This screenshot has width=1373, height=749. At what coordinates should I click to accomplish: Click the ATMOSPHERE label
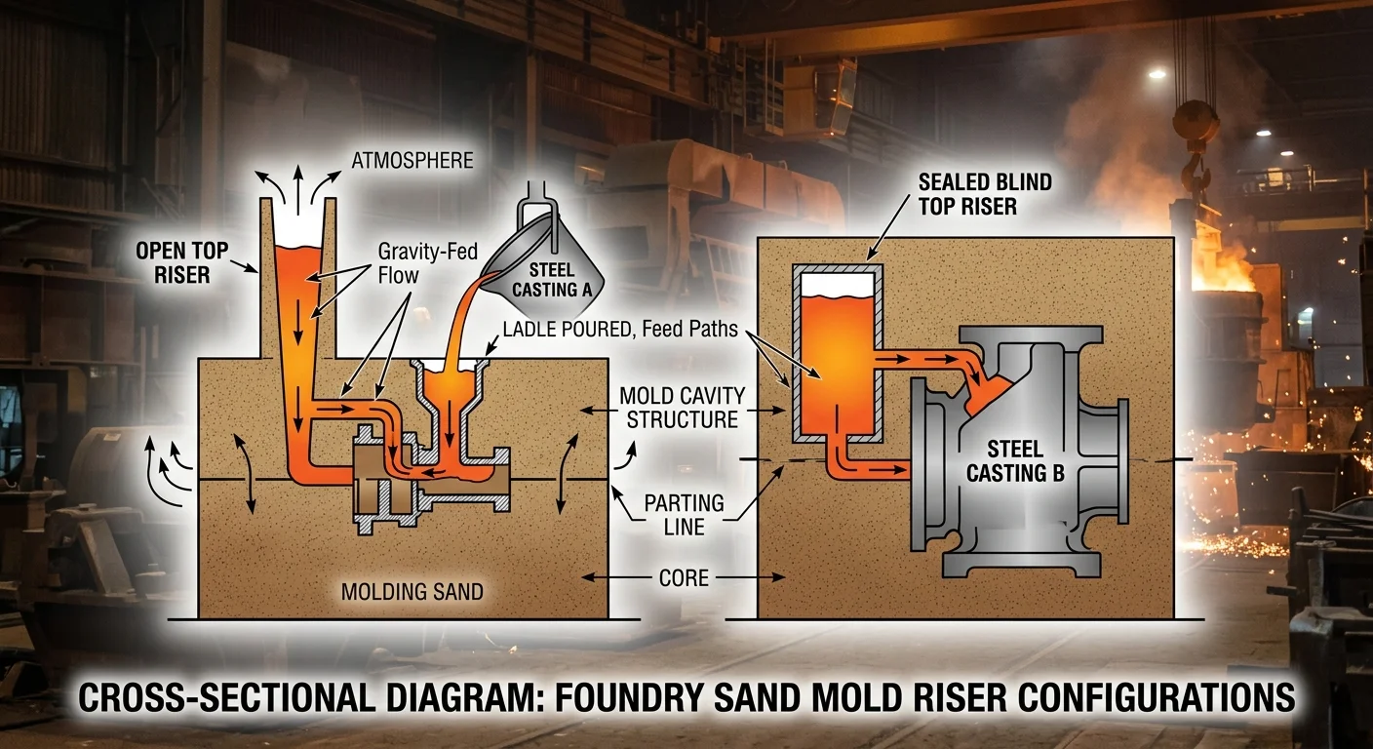click(413, 159)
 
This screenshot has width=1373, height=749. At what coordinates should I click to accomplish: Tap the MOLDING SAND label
click(412, 591)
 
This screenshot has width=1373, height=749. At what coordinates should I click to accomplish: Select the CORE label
click(684, 577)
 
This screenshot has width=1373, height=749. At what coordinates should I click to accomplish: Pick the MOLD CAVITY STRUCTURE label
click(683, 408)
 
